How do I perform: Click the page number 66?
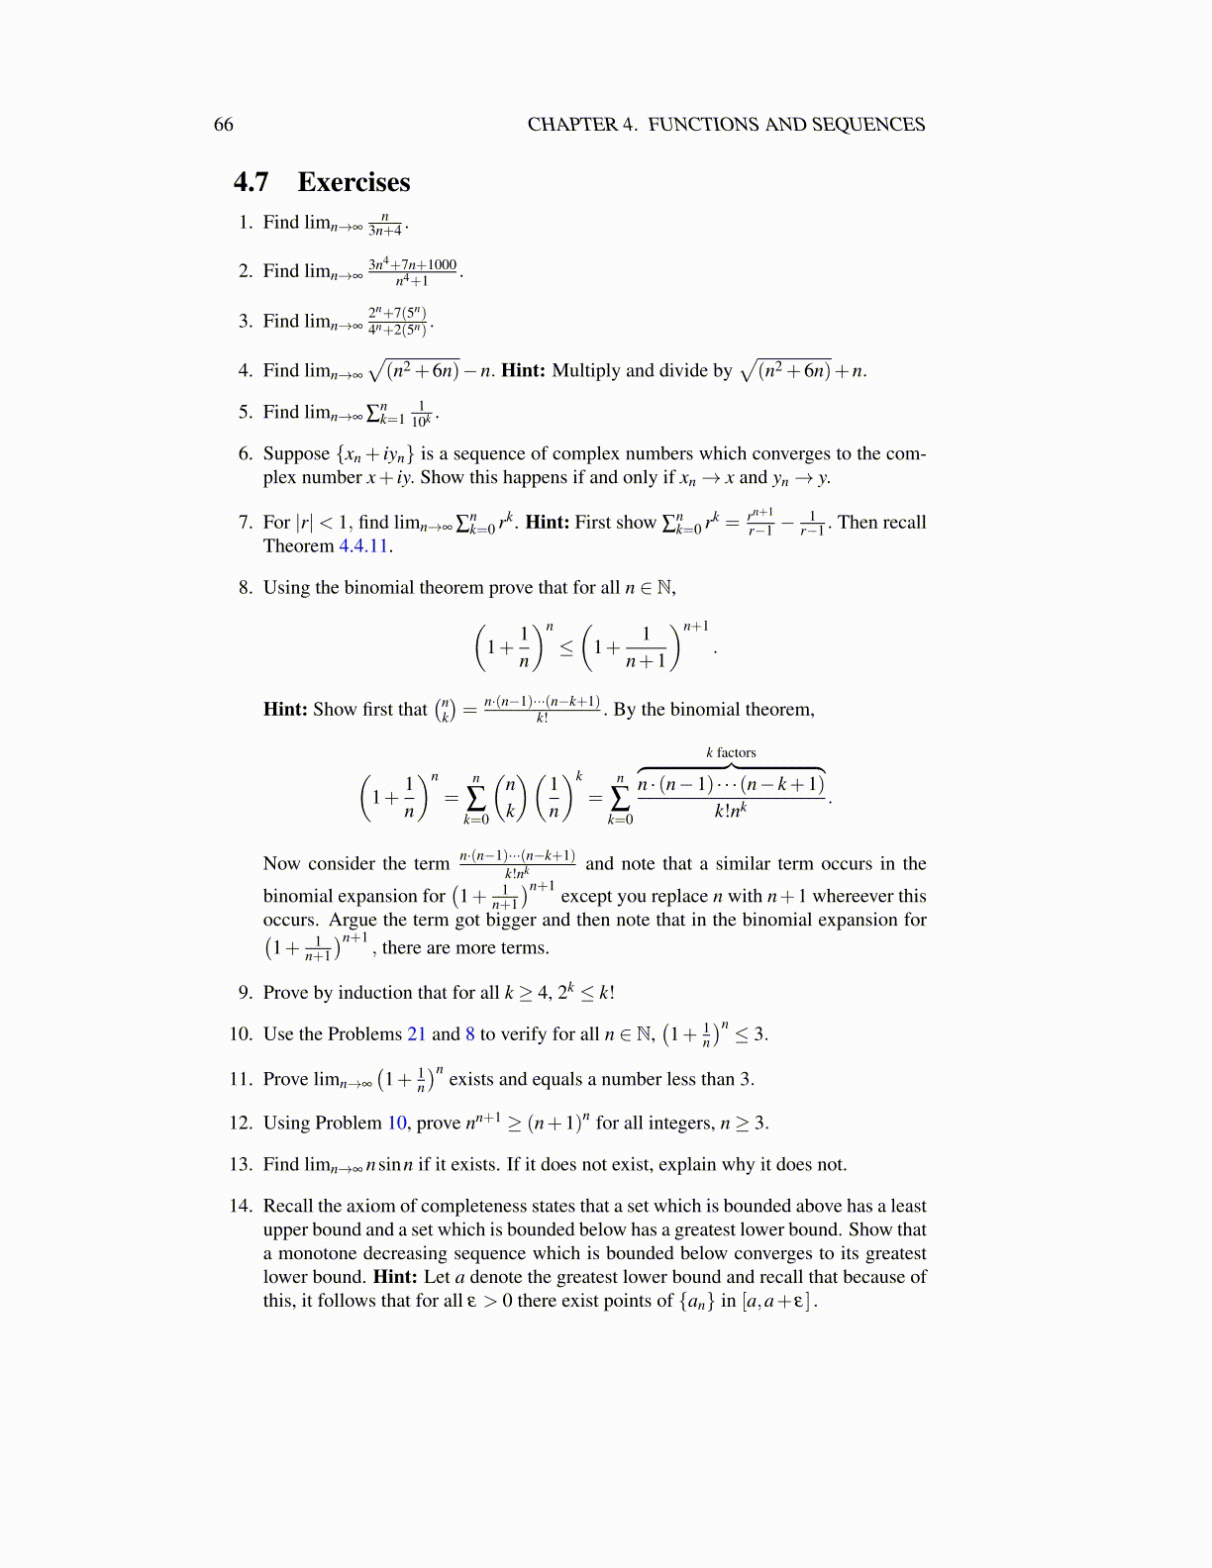click(x=224, y=125)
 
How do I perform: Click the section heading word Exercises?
click(x=353, y=182)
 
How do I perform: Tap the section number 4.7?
click(x=252, y=182)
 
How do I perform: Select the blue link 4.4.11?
click(x=363, y=546)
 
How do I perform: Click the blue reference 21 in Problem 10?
click(x=417, y=1034)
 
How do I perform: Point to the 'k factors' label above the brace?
click(x=731, y=753)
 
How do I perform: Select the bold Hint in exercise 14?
click(x=395, y=1277)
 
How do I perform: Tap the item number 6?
click(x=246, y=454)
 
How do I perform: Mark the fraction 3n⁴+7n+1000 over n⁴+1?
click(x=412, y=272)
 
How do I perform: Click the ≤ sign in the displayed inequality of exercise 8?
click(x=566, y=649)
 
